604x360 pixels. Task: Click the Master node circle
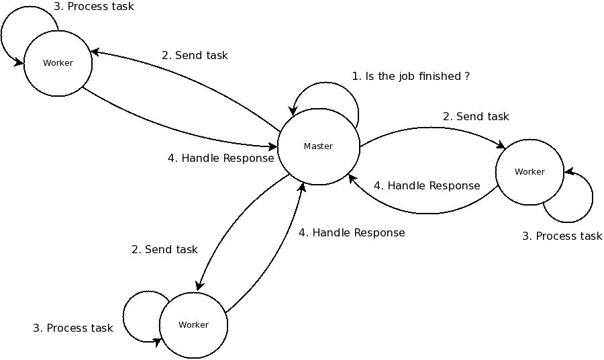click(318, 146)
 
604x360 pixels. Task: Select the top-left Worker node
click(58, 63)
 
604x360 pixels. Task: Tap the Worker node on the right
click(530, 172)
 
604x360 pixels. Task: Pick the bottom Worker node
click(193, 325)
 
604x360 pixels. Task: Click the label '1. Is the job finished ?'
click(410, 77)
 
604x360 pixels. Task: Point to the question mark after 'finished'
click(467, 77)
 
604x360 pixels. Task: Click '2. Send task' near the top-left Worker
click(195, 56)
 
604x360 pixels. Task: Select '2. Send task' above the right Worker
click(476, 117)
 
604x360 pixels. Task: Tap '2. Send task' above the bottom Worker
click(164, 250)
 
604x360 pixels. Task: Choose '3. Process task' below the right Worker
click(562, 236)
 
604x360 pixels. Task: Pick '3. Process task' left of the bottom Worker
click(73, 328)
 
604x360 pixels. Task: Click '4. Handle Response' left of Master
click(221, 159)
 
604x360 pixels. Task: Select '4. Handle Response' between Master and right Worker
click(427, 186)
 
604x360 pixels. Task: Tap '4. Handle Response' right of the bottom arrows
click(352, 233)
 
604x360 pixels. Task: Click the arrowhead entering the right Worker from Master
click(501, 145)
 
